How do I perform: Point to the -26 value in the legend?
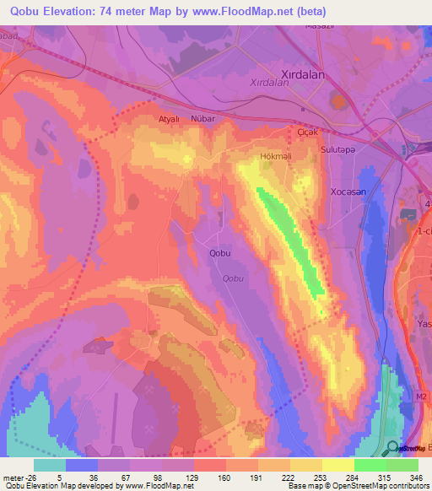coord(25,476)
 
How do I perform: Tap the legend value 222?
coord(274,476)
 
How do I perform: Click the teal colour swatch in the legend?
coord(50,465)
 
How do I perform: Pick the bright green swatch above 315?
coord(370,465)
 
